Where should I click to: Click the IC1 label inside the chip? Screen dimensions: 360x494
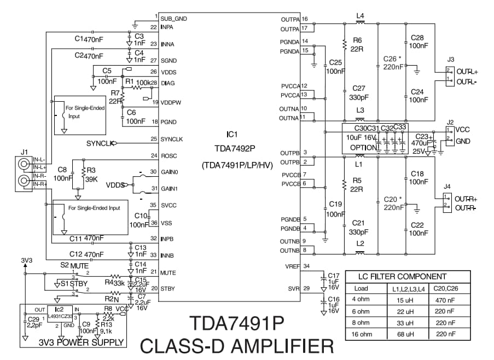pyautogui.click(x=232, y=133)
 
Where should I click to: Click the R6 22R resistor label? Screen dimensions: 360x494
pyautogui.click(x=357, y=44)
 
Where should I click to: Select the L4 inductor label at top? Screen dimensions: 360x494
pyautogui.click(x=359, y=16)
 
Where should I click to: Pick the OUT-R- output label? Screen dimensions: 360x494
pyautogui.click(x=467, y=208)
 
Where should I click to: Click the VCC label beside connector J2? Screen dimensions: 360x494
pyautogui.click(x=462, y=129)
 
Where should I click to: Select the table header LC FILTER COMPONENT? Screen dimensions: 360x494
pyautogui.click(x=402, y=277)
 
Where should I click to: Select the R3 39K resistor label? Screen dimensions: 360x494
pyautogui.click(x=91, y=175)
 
